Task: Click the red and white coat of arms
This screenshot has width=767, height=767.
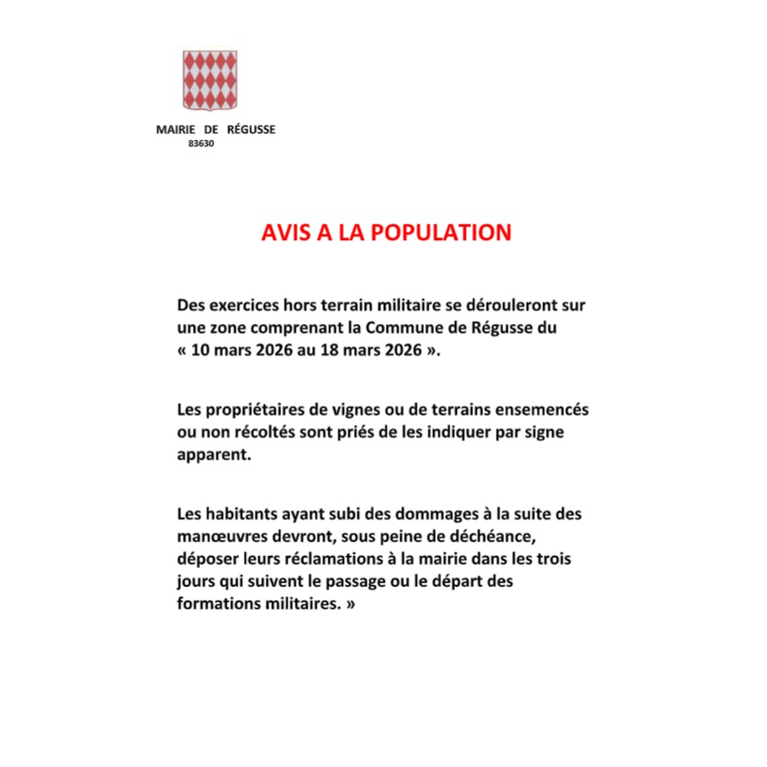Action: coord(209,80)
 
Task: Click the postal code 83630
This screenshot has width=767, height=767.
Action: coord(200,144)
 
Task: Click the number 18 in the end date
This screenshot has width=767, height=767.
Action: coord(328,348)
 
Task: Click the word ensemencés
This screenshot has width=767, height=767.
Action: coord(544,411)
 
